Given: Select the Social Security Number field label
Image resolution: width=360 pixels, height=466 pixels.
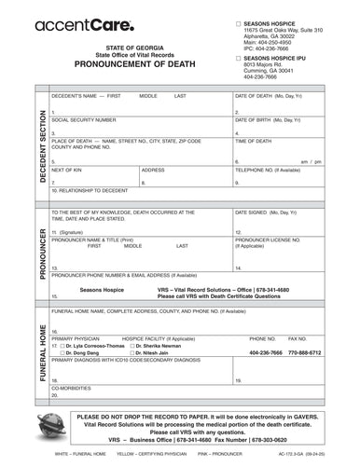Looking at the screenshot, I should point(84,120).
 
